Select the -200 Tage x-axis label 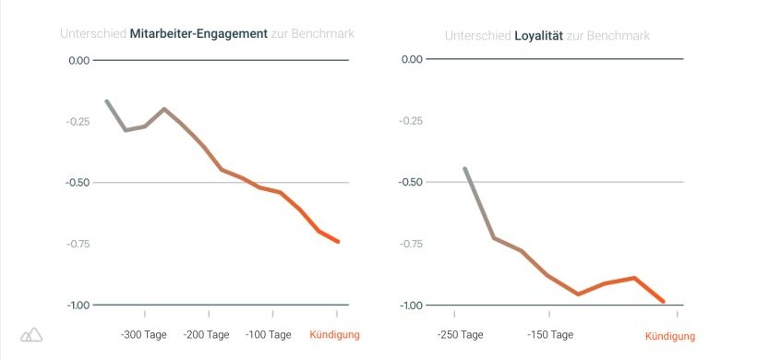click(206, 334)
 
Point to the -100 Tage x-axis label click(269, 334)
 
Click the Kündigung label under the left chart click(334, 334)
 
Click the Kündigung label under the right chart click(668, 336)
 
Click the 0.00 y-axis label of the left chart click(78, 61)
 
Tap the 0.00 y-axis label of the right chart click(412, 60)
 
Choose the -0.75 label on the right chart click(410, 244)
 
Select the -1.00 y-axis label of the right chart click(410, 306)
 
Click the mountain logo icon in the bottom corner click(31, 334)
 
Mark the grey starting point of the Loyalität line click(465, 169)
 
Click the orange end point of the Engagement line click(339, 242)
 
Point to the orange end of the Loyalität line click(663, 301)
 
